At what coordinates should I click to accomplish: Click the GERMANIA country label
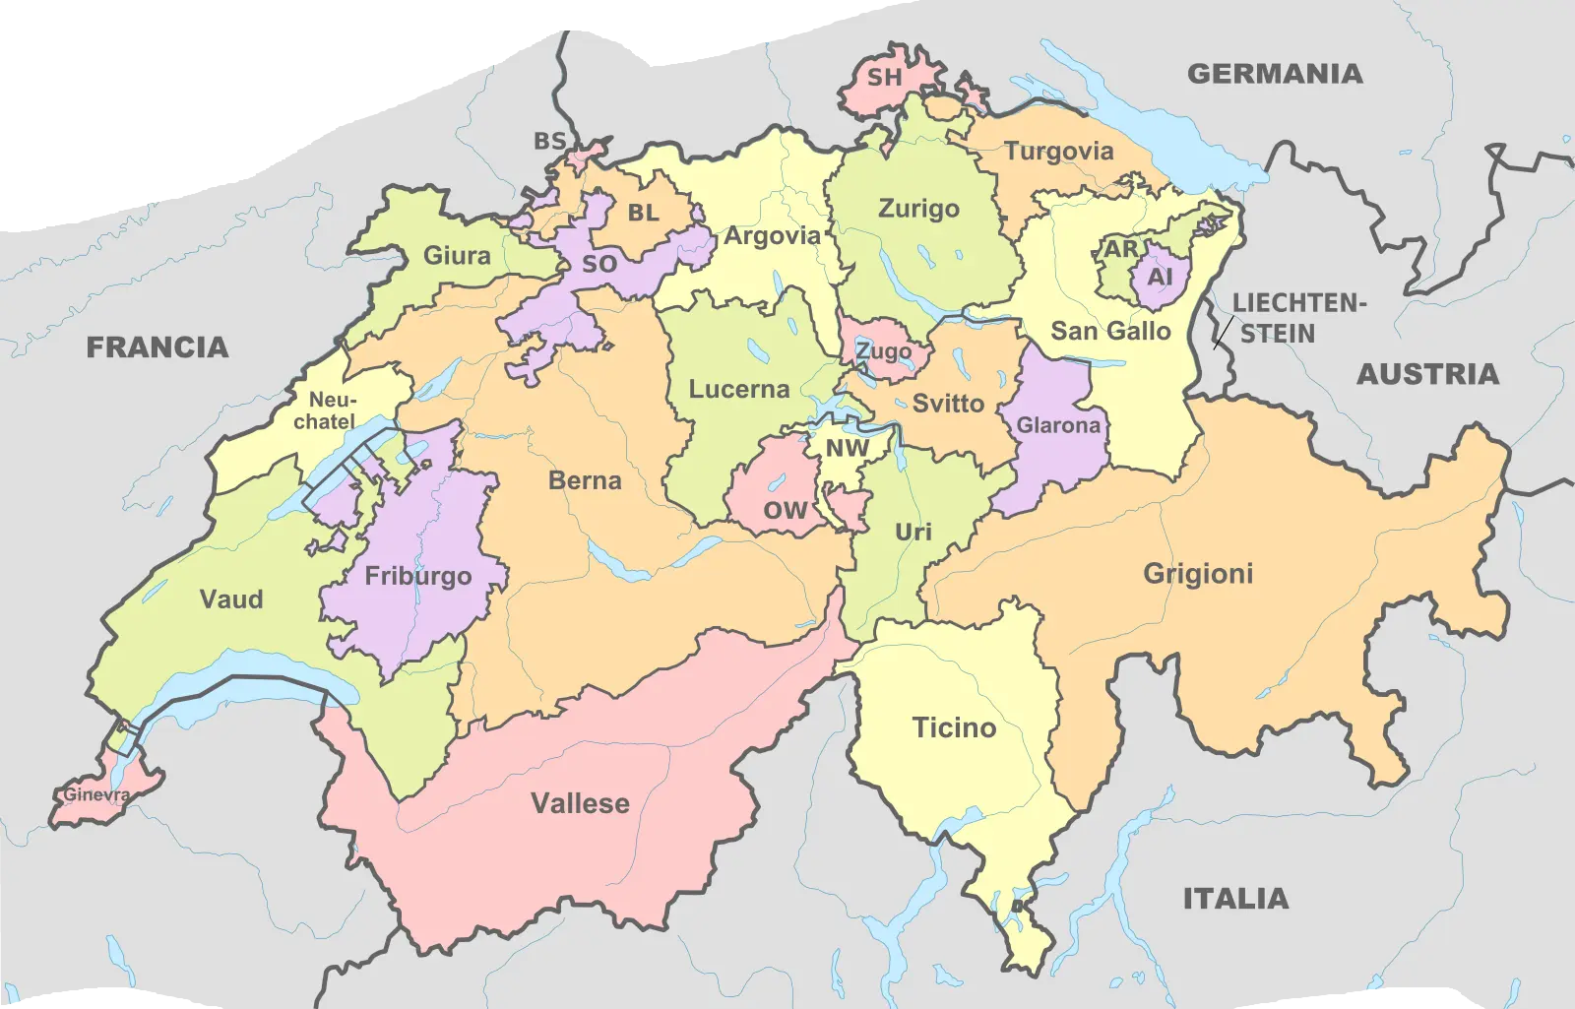coord(1275,74)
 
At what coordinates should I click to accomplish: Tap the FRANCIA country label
coord(157,347)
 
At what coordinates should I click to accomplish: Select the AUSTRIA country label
coord(1427,374)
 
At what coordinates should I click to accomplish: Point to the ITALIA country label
coord(1235,899)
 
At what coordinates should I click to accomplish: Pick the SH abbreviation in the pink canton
coord(884,77)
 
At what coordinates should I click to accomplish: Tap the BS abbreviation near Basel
coord(549,142)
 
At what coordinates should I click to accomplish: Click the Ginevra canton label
coord(96,794)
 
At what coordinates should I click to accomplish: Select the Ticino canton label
coord(954,728)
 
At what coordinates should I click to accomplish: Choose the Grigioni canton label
coord(1198,574)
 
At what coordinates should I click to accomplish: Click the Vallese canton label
coord(580,803)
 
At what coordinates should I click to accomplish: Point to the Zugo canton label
coord(883,351)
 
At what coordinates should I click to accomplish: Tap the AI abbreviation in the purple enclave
coord(1160,277)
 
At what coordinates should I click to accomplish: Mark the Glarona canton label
coord(1058,425)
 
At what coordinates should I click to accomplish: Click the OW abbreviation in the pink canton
coord(785,511)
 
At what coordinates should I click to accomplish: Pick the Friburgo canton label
coord(418,576)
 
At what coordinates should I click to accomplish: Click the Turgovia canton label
coord(1058,152)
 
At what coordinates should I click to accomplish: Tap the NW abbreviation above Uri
coord(847,449)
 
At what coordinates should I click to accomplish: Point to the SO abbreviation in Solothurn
coord(599,264)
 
